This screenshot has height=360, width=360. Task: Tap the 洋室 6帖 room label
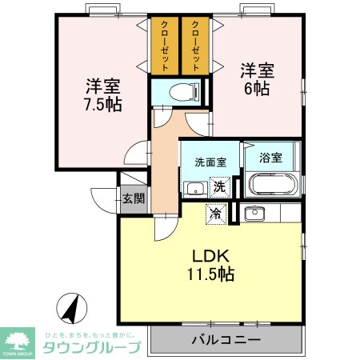coord(255,78)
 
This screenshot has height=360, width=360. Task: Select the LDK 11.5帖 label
coord(210,265)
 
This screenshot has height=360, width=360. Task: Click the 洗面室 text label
coord(210,162)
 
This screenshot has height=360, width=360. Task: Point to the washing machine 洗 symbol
coord(218,187)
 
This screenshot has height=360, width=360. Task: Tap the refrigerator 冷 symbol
coord(214,213)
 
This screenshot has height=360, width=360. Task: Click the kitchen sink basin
coord(254,213)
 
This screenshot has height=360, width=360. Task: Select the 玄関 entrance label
coord(133,198)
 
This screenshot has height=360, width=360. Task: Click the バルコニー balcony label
coord(225,340)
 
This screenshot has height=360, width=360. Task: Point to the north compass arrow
coord(70,306)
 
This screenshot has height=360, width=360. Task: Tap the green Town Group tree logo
coord(17,340)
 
